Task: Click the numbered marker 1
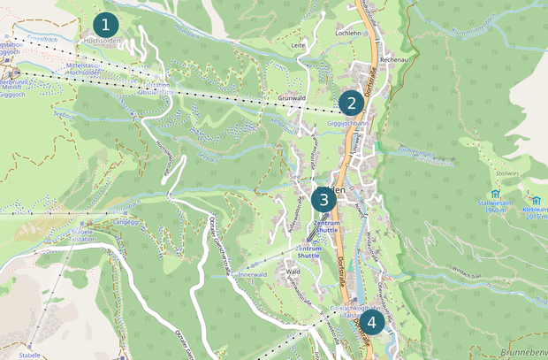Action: click(106, 24)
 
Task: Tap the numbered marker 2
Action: click(351, 103)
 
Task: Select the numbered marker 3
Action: click(323, 199)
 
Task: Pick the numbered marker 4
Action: click(371, 323)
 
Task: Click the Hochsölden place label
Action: click(103, 41)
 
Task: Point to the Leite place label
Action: click(298, 42)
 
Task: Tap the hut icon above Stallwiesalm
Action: click(494, 194)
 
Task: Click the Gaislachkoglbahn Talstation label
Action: click(347, 310)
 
